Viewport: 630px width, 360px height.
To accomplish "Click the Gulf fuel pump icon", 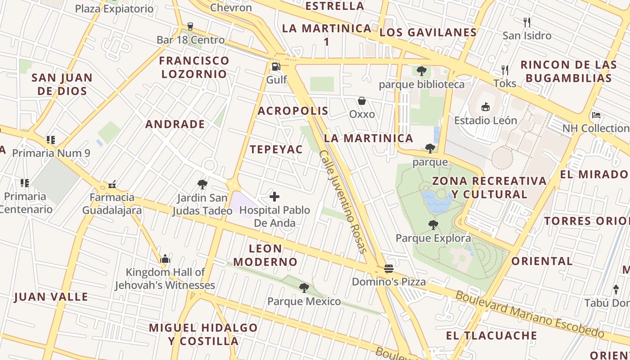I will coord(276,67).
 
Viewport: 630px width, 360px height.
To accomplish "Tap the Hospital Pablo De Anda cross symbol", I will coord(274,197).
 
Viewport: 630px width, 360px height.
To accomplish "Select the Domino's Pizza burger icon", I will coord(389,269).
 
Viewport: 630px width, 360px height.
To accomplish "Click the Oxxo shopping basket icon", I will coord(362,101).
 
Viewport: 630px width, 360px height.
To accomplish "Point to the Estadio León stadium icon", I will coord(485,107).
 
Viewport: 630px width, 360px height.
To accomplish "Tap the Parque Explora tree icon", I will coord(433,225).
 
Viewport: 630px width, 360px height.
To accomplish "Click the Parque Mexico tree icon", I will coord(304,288).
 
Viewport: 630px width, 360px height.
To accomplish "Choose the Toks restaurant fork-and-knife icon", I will coord(505,70).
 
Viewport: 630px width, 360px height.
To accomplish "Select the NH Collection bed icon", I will coord(596,115).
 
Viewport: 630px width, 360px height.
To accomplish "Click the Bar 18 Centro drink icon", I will coord(190,27).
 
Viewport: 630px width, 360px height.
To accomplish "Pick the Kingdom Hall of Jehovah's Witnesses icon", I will coord(165,259).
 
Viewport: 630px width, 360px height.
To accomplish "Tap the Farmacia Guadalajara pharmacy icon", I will coord(112,184).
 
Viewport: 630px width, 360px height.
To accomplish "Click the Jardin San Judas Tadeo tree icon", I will coord(202,184).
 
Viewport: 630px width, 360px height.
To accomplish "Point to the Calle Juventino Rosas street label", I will coord(343,202).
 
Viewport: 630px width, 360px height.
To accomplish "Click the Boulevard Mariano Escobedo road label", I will coord(530,315).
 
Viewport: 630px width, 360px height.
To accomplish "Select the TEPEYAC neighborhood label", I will coord(276,150).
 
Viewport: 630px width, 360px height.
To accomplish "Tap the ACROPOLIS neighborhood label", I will coord(293,111).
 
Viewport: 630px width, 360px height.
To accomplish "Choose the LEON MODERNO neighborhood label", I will coord(265,255).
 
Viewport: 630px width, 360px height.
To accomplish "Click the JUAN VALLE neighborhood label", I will coord(51,297).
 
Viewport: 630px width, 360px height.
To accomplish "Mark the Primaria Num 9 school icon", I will coord(51,140).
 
